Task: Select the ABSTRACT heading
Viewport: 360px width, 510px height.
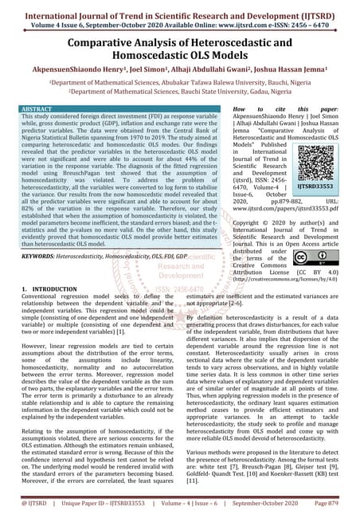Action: pos(37,107)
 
